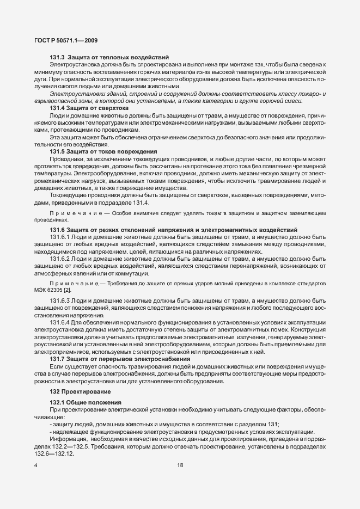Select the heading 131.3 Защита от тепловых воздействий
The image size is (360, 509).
click(109, 57)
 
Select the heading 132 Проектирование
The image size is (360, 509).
click(73, 392)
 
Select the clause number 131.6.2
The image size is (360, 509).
click(61, 259)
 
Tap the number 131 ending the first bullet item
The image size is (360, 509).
click(272, 425)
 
